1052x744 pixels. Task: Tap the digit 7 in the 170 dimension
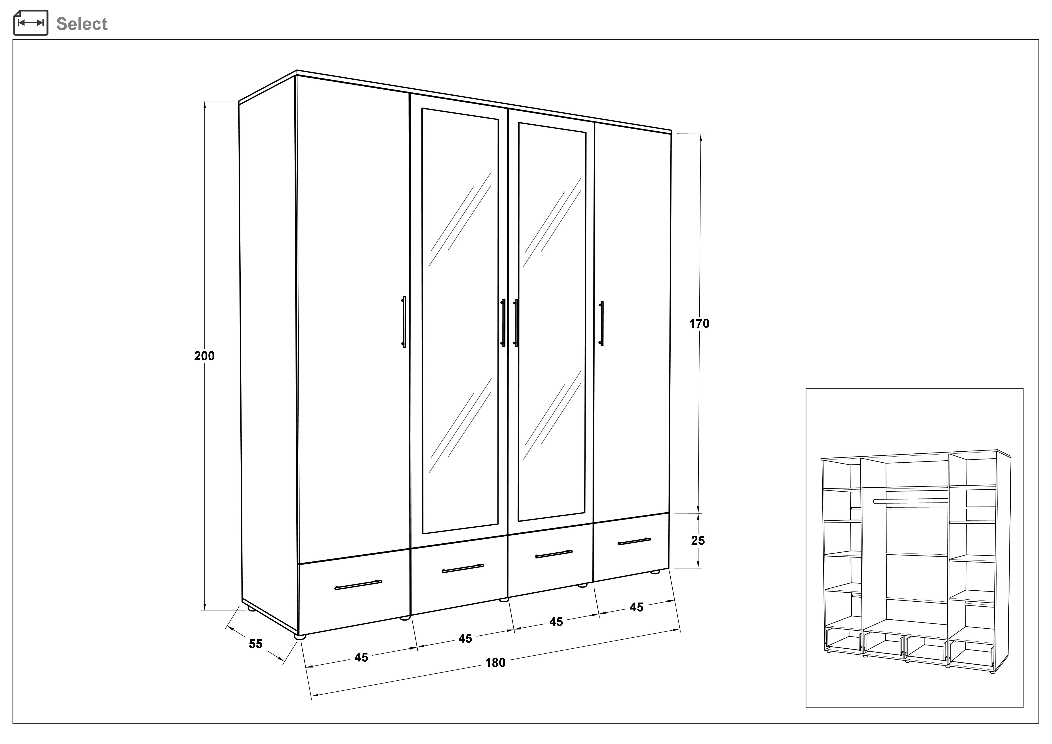tap(699, 323)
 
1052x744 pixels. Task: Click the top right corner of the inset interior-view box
tap(1023, 389)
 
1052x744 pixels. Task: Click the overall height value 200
tap(204, 356)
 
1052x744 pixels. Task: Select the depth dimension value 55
tap(256, 644)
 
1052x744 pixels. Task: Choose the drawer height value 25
tap(698, 541)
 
